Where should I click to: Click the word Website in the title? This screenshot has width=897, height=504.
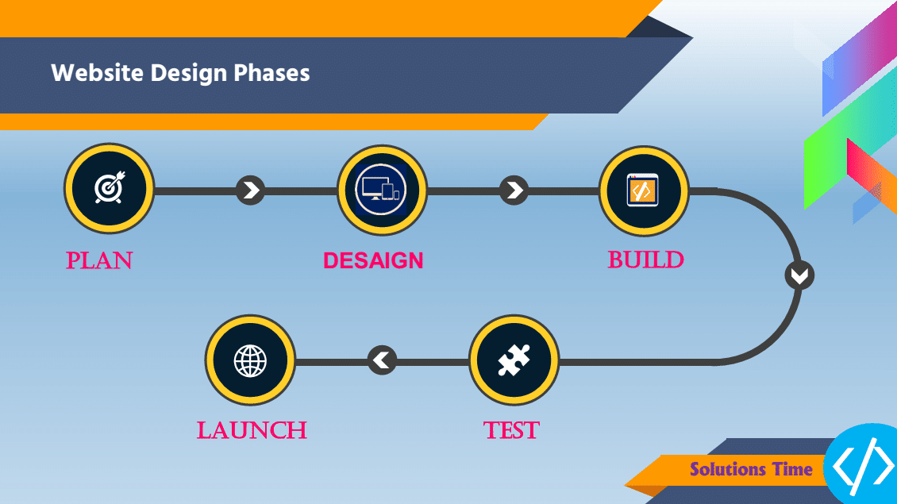click(x=98, y=73)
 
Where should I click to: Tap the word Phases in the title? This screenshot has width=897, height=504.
click(x=271, y=73)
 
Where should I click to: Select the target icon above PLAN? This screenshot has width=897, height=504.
click(x=110, y=187)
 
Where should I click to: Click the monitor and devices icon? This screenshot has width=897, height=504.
click(x=381, y=190)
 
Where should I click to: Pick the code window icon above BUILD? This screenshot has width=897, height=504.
click(x=642, y=190)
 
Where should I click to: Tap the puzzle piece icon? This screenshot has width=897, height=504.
click(x=514, y=360)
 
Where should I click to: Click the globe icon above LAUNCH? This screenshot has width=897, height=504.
click(x=251, y=361)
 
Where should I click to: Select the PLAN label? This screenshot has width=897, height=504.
click(x=99, y=261)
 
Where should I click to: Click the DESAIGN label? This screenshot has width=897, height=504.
click(x=373, y=261)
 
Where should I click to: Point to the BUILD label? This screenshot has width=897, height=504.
click(x=645, y=260)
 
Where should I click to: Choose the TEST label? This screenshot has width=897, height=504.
click(x=511, y=430)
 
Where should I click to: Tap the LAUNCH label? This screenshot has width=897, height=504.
click(x=252, y=430)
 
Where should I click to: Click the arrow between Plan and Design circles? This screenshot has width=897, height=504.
click(x=251, y=190)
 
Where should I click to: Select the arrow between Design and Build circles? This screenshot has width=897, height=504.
click(x=514, y=190)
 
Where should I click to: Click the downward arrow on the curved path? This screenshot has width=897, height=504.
click(x=799, y=275)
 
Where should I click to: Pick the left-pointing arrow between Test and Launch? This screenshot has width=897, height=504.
click(x=382, y=360)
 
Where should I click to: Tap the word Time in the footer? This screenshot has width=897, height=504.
click(x=792, y=469)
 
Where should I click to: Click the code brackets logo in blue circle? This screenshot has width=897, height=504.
click(x=863, y=465)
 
